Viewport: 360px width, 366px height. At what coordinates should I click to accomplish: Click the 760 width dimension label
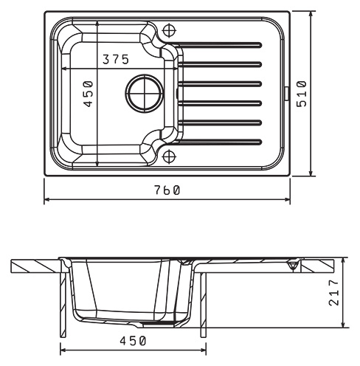click(167, 190)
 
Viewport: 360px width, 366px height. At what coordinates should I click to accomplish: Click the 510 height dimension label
click(302, 94)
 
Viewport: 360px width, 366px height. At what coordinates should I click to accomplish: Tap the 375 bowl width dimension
click(116, 59)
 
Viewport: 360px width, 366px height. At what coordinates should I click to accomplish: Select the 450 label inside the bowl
click(88, 94)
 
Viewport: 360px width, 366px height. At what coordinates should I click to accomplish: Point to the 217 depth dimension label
click(333, 292)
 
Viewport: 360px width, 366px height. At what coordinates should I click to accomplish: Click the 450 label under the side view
click(133, 341)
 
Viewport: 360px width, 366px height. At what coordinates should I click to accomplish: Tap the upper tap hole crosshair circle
click(170, 30)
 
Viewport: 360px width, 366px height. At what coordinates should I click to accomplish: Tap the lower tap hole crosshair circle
click(170, 156)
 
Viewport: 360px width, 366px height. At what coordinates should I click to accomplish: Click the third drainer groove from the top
click(220, 84)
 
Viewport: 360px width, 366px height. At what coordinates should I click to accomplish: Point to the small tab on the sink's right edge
click(287, 94)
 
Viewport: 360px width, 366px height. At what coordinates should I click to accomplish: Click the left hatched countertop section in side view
click(36, 266)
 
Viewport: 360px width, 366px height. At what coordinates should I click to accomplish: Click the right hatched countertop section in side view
click(317, 266)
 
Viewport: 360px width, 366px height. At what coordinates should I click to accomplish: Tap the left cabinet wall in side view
click(63, 305)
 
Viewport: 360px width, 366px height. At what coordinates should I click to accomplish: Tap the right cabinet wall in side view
click(204, 305)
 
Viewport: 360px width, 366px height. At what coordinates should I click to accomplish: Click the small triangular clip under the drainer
click(293, 266)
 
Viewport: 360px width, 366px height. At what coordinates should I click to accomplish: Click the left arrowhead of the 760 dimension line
click(46, 199)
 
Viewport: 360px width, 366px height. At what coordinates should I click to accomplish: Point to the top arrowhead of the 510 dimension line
click(311, 14)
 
